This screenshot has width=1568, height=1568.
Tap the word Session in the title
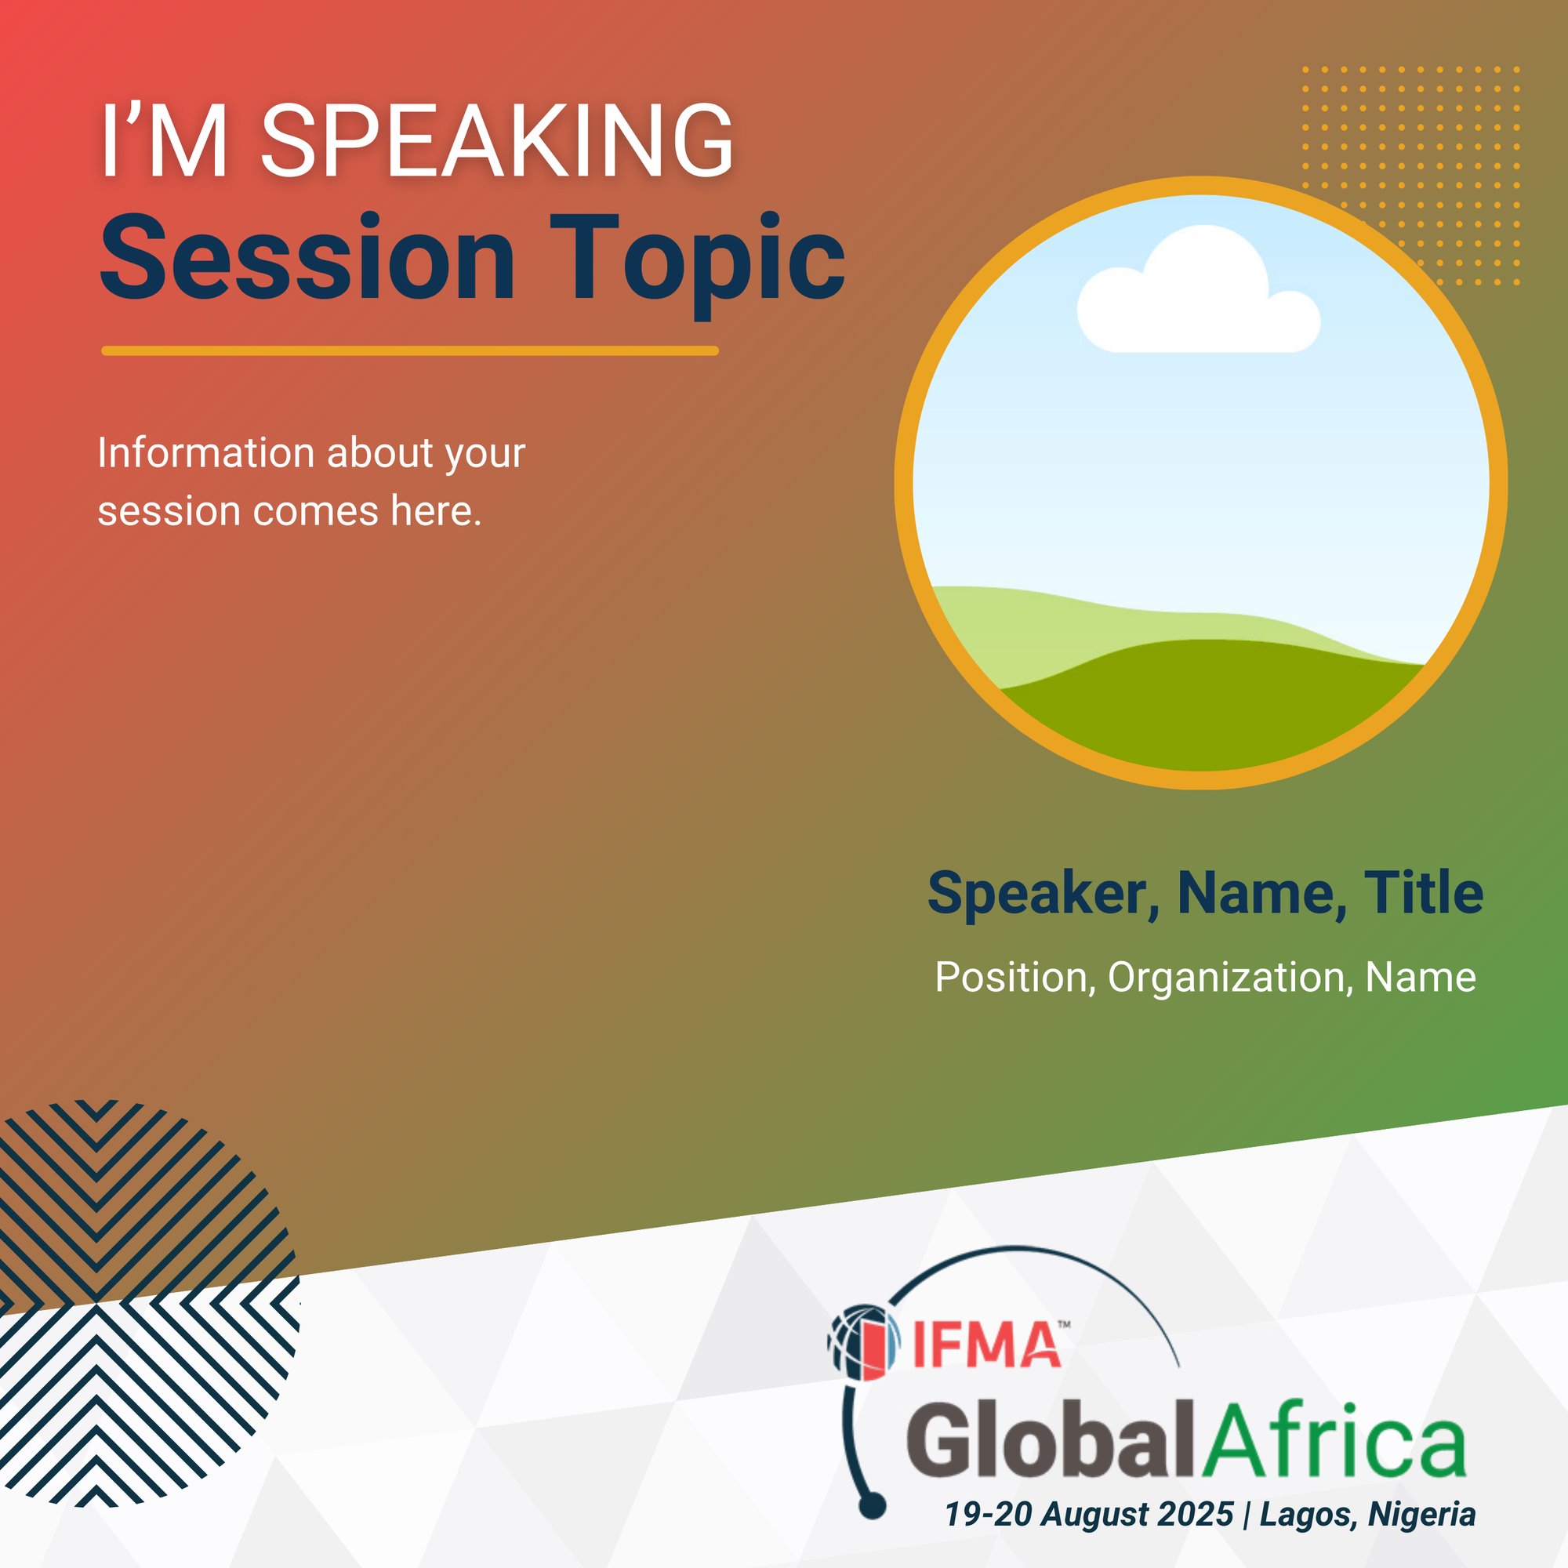click(x=307, y=257)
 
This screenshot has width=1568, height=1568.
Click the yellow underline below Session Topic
click(x=410, y=350)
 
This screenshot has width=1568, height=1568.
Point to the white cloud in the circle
click(x=1198, y=296)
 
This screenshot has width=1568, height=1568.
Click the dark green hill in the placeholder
click(x=1209, y=706)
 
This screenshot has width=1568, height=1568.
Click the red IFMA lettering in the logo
click(x=986, y=1345)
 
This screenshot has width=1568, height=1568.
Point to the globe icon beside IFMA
click(x=864, y=1342)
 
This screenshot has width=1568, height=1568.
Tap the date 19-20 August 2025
click(x=1088, y=1515)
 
